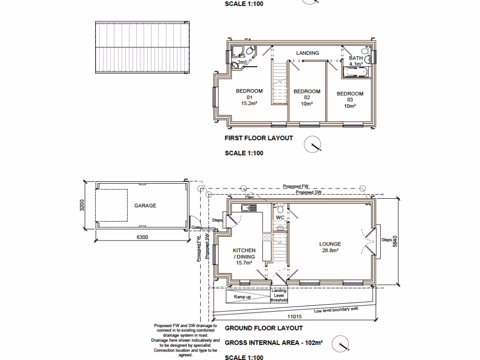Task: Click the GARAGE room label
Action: point(145,206)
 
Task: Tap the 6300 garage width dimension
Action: point(142,237)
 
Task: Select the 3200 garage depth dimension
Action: point(82,205)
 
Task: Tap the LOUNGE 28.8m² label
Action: point(330,247)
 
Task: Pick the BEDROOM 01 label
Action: point(249,97)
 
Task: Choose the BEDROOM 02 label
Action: point(307,97)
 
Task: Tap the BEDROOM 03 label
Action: point(350,100)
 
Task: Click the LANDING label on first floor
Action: point(307,53)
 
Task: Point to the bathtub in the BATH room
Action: point(356,73)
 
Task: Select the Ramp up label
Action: point(242,297)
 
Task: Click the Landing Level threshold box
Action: point(278,295)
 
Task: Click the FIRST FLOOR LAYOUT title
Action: point(259,138)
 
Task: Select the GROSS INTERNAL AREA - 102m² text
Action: point(274,343)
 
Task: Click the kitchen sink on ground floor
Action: point(247,208)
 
